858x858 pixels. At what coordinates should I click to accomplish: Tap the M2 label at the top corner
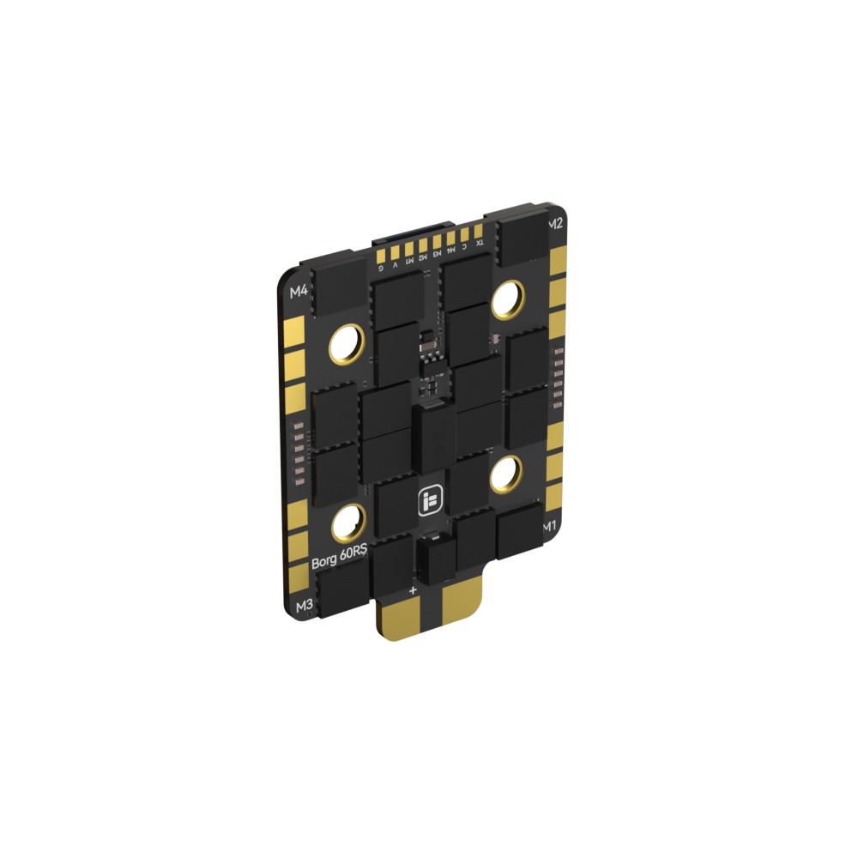[555, 224]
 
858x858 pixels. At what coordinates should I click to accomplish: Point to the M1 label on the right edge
[550, 524]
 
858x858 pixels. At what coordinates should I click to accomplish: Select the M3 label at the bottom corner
[303, 606]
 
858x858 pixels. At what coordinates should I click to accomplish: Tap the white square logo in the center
[429, 503]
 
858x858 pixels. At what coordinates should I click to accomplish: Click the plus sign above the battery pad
[413, 590]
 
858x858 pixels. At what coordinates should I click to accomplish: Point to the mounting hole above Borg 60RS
[349, 521]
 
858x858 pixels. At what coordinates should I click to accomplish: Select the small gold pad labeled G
[380, 255]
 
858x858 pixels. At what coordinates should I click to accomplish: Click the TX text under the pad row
[479, 243]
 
